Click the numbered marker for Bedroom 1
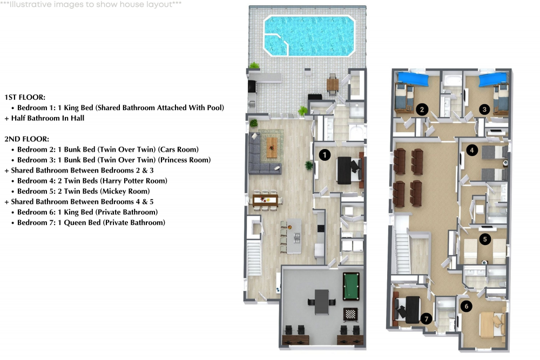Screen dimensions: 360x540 pos(325,155)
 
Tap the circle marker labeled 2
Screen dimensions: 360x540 pos(422,109)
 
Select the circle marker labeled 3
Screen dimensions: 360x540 pos(485,109)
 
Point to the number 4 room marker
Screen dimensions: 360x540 pos(473,151)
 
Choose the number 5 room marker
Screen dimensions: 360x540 pos(485,239)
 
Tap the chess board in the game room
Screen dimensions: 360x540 pos(349,313)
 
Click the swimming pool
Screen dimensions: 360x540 pos(309,35)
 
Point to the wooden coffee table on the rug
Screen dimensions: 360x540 pos(273,144)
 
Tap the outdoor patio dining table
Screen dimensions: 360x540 pos(333,84)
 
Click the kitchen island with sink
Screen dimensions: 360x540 pos(294,235)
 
